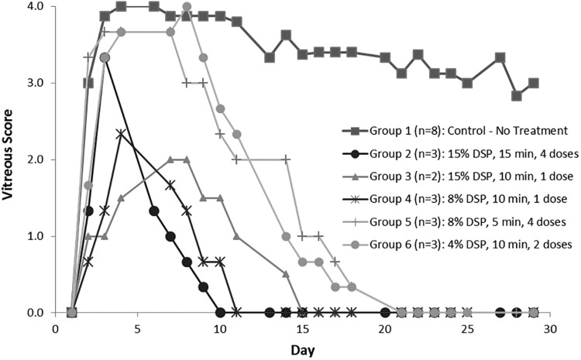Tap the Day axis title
point(302,350)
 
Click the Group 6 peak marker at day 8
point(187,7)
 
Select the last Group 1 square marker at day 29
point(533,83)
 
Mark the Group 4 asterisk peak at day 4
point(121,134)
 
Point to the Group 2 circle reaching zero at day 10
point(220,313)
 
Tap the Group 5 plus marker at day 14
point(286,159)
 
